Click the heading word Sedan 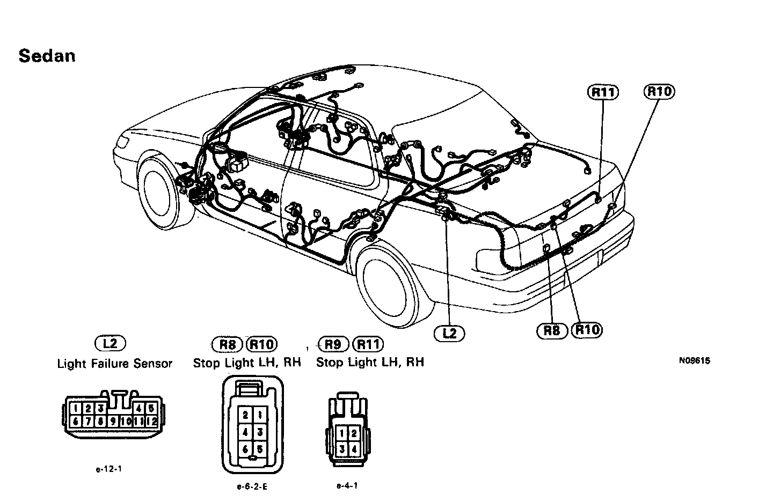pos(47,56)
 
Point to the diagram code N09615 pos(694,361)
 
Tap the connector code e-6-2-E pos(252,487)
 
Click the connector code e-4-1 pos(347,486)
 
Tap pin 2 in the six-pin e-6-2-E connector pos(245,414)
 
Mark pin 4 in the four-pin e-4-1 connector pos(353,448)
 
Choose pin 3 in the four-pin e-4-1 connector pos(341,448)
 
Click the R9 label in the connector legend pos(333,344)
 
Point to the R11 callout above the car pos(603,92)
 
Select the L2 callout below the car pos(449,333)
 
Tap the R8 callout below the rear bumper pos(552,330)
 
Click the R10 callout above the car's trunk pos(659,92)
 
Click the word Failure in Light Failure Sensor pos(114,364)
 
